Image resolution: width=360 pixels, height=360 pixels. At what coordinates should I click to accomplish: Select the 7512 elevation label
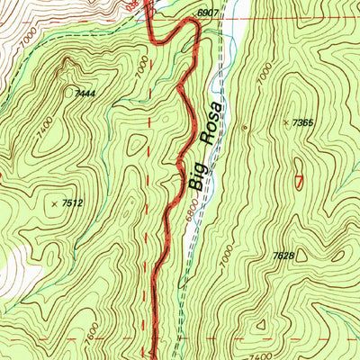[x=73, y=204]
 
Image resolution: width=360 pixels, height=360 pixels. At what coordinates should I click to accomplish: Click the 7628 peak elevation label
[x=283, y=256]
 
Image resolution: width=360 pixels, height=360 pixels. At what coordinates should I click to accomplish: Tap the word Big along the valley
[x=199, y=174]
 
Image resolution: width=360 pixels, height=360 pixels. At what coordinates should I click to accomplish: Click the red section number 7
[x=298, y=181]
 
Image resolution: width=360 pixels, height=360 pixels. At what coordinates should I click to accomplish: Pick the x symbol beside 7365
[x=287, y=121]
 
